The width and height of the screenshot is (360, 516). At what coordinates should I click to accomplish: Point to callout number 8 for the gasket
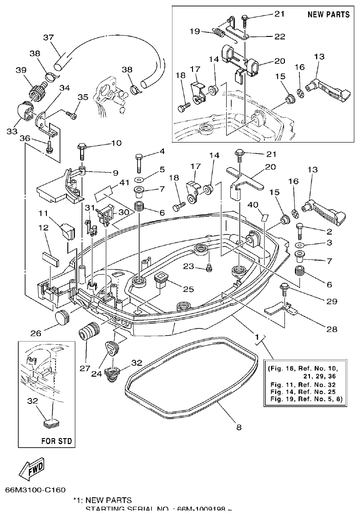(x=238, y=427)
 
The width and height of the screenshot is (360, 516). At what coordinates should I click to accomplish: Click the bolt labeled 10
(x=82, y=151)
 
